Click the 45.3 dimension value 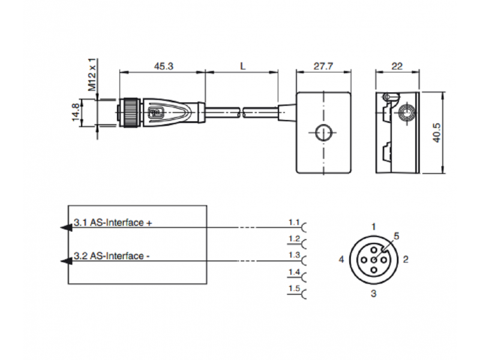pos(163,67)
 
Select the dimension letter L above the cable pos(242,67)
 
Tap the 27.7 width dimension pos(323,67)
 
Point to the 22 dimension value pos(397,67)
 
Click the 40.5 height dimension pos(437,133)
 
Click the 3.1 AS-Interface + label pos(113,223)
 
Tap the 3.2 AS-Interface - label pos(112,256)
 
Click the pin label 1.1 pos(293,223)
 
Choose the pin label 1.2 pos(293,239)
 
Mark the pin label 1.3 pos(293,256)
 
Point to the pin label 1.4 pos(293,273)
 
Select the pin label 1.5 pos(293,290)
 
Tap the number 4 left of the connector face pos(341,260)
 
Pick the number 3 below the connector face pos(373,293)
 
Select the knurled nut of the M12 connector pos(128,112)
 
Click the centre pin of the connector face pos(373,260)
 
